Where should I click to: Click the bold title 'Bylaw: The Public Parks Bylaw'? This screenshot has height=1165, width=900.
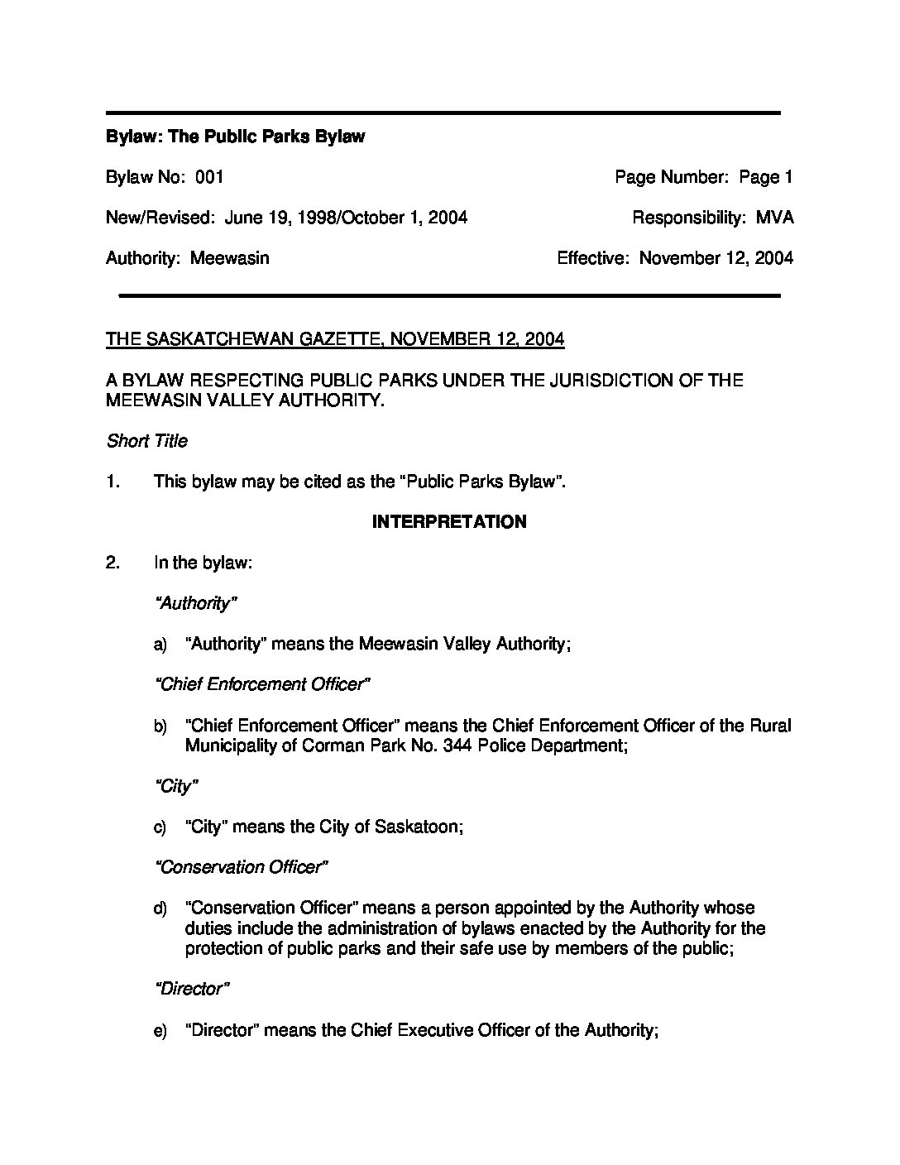tap(235, 137)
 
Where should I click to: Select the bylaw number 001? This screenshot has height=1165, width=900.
tap(210, 177)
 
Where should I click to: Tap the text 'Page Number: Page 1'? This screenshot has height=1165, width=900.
tap(703, 177)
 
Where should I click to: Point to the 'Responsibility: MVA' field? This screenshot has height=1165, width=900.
tap(712, 218)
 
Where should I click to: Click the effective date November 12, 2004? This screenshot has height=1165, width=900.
tap(716, 258)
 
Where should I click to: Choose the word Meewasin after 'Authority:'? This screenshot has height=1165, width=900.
tap(230, 258)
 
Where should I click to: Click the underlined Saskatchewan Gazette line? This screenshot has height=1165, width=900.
tap(335, 339)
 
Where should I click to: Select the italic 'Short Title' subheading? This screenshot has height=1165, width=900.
tap(146, 441)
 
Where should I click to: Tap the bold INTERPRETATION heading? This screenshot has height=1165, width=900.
tap(449, 522)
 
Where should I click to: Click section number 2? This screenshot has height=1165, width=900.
tap(112, 563)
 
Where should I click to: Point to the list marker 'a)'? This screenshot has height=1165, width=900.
tap(160, 645)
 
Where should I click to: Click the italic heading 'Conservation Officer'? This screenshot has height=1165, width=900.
tap(242, 867)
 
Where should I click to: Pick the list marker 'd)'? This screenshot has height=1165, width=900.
tap(160, 909)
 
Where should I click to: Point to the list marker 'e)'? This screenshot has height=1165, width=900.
tap(160, 1031)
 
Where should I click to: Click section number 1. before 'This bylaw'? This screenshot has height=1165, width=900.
tap(112, 482)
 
